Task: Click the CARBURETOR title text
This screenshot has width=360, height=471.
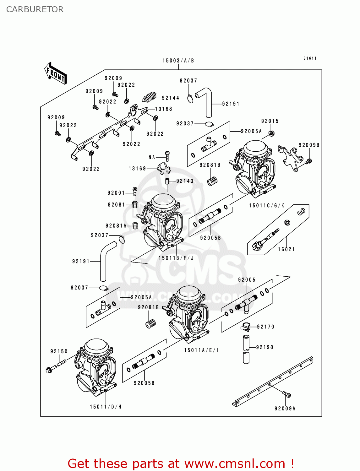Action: [x=35, y=9]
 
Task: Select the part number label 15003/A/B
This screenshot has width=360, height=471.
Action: [x=178, y=61]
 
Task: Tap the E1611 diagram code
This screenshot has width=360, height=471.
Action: [x=310, y=58]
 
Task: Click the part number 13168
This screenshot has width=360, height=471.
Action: [x=164, y=109]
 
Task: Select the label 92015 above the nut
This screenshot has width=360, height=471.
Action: [x=270, y=121]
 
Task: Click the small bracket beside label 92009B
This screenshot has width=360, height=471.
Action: [x=291, y=159]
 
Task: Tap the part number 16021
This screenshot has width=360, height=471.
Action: [x=286, y=249]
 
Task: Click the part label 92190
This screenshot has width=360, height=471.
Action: [x=265, y=347]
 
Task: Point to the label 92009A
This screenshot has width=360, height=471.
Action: [x=285, y=409]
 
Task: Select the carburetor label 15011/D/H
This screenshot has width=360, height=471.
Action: [x=106, y=407]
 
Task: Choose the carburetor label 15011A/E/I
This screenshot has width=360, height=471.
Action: [x=201, y=350]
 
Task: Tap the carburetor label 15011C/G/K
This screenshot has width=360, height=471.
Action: [x=266, y=205]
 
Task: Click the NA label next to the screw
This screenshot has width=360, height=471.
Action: [x=152, y=157]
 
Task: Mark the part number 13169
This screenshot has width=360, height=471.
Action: [x=137, y=169]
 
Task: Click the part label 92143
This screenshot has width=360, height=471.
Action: [x=185, y=181]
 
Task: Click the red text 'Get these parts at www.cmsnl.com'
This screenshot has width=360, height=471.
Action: [x=181, y=463]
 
